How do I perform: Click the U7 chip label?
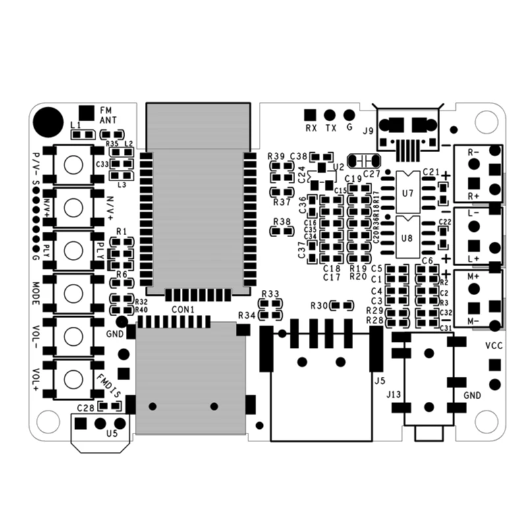click(x=407, y=194)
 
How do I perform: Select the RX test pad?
click(x=310, y=115)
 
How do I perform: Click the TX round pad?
click(x=330, y=115)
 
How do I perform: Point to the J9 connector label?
click(x=368, y=130)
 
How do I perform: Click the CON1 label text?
click(x=183, y=310)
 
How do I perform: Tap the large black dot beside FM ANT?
click(x=47, y=120)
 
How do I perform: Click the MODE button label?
click(x=37, y=294)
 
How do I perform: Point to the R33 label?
click(x=270, y=293)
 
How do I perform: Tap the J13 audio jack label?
click(x=393, y=395)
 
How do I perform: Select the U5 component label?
click(x=112, y=433)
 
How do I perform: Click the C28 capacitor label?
click(x=86, y=408)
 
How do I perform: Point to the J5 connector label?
click(x=378, y=380)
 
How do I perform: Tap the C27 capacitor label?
click(x=372, y=174)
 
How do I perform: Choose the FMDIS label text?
click(x=108, y=385)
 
